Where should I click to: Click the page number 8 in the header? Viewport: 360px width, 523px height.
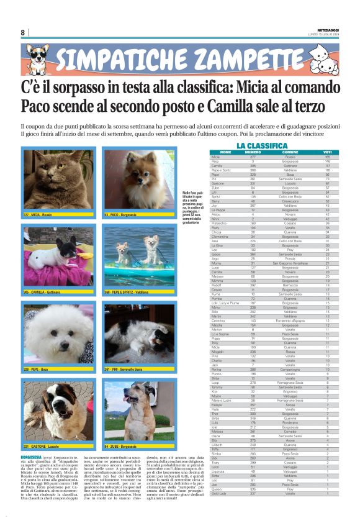[x=22, y=32]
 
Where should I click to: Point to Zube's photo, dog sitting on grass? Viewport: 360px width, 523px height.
[x=138, y=410]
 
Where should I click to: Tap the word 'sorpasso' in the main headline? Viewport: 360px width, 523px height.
[x=89, y=87]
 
